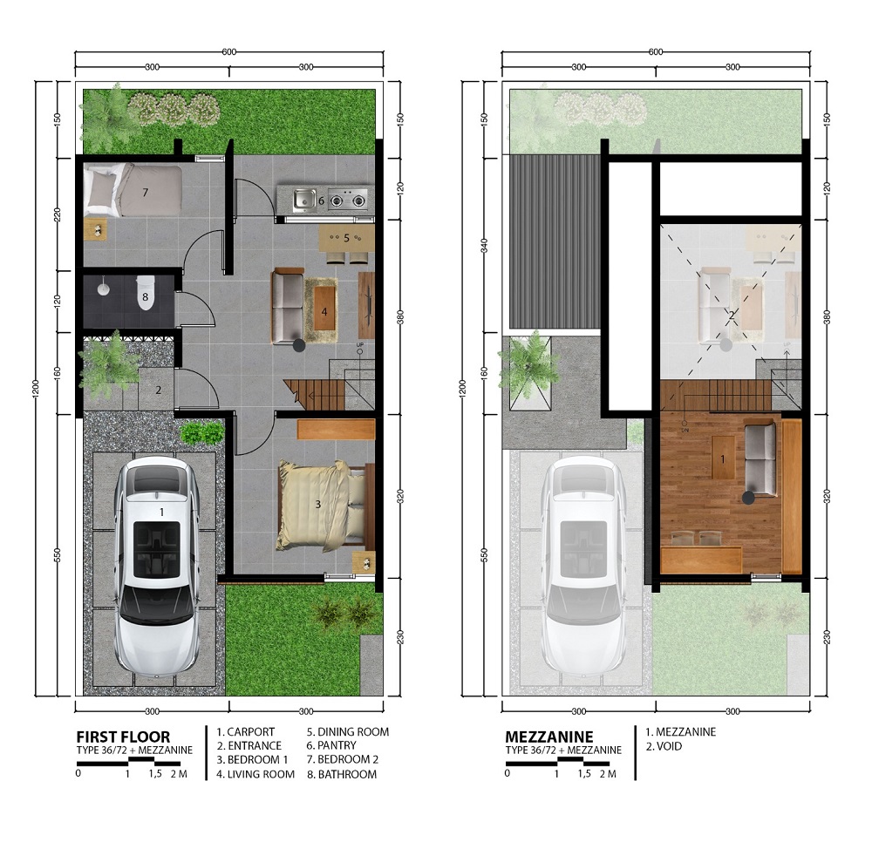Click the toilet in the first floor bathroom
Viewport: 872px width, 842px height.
click(145, 292)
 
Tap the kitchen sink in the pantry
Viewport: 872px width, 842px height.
click(304, 199)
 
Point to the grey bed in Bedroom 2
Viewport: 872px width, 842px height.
click(133, 190)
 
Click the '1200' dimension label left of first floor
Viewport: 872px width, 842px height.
click(35, 388)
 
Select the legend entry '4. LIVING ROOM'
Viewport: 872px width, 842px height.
click(255, 774)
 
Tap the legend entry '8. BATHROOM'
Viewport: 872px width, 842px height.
click(342, 774)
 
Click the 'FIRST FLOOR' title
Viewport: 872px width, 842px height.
click(123, 737)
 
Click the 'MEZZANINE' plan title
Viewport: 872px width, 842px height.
click(549, 737)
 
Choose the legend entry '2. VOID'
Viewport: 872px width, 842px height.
click(664, 746)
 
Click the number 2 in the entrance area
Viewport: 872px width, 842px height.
click(159, 390)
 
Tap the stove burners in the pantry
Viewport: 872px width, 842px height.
click(348, 199)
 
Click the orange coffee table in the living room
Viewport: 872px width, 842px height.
click(324, 310)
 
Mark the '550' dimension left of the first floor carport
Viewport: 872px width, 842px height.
click(57, 554)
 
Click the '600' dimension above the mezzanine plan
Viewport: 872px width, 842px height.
click(656, 51)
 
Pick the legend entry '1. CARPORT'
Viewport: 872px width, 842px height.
click(245, 732)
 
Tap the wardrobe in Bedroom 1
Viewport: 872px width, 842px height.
click(336, 430)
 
